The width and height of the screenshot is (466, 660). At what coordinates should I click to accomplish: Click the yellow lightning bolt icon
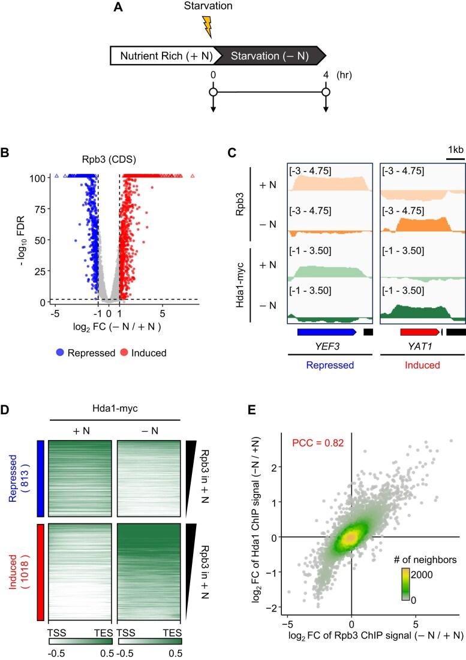coord(208,26)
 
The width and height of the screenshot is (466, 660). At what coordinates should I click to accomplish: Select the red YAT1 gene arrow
coord(419,331)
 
